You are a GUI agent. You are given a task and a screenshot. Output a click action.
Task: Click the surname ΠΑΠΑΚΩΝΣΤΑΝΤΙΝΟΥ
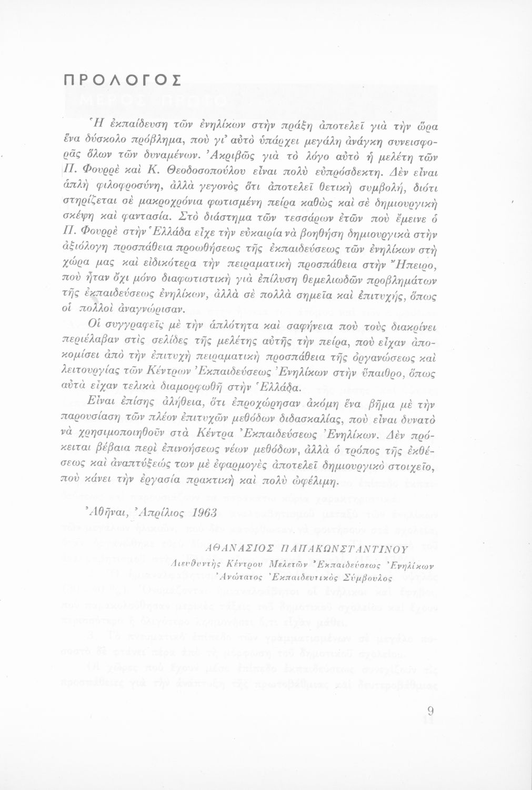pos(346,549)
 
